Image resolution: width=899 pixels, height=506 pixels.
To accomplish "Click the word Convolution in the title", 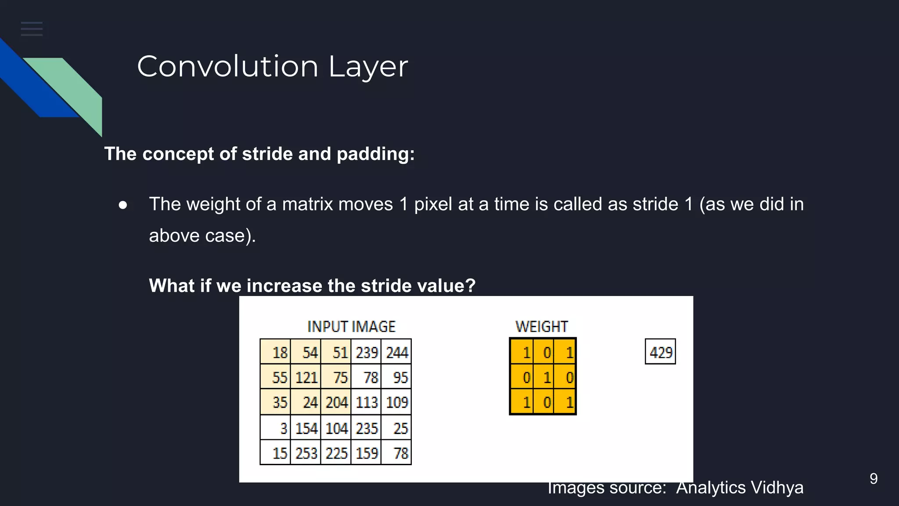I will [x=227, y=67].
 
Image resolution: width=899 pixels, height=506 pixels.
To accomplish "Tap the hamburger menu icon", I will [x=32, y=29].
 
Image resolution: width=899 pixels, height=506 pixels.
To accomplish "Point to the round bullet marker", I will [x=123, y=205].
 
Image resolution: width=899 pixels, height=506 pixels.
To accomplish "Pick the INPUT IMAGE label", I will [x=351, y=327].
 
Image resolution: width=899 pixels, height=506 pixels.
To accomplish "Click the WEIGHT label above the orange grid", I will [x=542, y=327].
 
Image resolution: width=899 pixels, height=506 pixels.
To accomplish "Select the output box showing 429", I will [x=660, y=352].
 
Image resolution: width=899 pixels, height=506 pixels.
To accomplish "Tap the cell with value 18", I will [x=275, y=352].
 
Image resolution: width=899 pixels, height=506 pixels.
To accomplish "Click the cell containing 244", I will [x=396, y=352].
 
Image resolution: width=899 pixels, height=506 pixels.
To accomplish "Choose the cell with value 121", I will [x=306, y=377].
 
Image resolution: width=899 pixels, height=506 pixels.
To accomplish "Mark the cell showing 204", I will [x=336, y=402].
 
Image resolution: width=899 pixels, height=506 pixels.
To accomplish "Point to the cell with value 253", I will [x=306, y=453].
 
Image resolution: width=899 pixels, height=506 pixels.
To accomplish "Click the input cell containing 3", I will [x=275, y=428].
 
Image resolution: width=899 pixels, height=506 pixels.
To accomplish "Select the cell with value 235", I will [x=367, y=428].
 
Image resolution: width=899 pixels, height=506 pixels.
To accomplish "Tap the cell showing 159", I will [x=367, y=453].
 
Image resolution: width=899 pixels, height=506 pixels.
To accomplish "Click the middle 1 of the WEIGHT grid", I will [x=543, y=377].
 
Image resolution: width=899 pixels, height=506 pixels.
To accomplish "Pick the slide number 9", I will [x=874, y=479].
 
